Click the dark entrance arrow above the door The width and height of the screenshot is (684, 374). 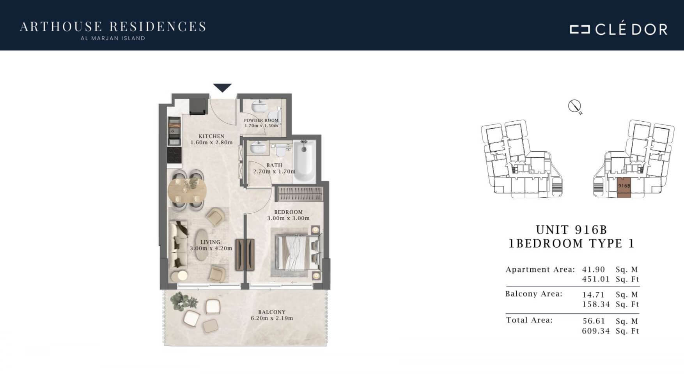[222, 87]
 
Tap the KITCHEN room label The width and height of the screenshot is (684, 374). [211, 136]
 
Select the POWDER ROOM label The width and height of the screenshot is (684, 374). [261, 121]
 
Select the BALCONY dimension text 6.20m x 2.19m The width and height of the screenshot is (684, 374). [272, 318]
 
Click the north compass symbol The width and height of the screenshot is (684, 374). [575, 106]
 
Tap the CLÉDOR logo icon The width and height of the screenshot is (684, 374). [579, 29]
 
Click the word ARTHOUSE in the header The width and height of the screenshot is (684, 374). [61, 27]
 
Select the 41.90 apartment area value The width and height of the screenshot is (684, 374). [594, 269]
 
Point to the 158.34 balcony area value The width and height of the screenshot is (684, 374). [596, 304]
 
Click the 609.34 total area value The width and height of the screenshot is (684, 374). [596, 331]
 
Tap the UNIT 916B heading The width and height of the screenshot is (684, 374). [572, 230]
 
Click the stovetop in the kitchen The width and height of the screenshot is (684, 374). [174, 155]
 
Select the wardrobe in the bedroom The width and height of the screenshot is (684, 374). [299, 194]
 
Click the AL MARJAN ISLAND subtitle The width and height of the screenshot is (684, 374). [113, 38]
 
